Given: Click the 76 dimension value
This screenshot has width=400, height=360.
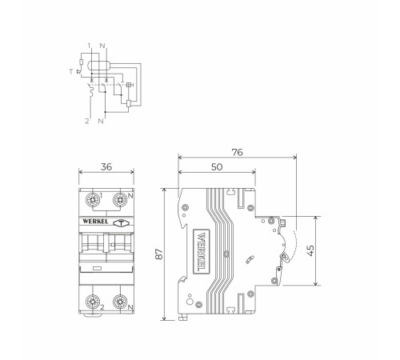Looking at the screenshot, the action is [x=237, y=152].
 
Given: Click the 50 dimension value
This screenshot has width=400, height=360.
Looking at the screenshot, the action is [x=217, y=167].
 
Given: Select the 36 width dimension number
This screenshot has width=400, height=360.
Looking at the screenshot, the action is [x=106, y=167].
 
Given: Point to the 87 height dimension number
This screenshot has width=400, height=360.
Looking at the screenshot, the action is [x=158, y=254].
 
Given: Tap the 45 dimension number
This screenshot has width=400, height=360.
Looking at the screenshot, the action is [x=310, y=250].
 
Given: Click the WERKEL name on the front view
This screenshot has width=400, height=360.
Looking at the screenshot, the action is [x=95, y=222].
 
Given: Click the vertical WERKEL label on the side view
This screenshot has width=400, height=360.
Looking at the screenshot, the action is [x=202, y=252].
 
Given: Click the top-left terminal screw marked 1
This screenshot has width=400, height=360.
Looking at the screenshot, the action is [x=92, y=200].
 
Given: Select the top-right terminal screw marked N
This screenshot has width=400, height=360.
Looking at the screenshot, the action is [x=120, y=200].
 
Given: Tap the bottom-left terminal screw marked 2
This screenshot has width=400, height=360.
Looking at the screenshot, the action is [x=92, y=302].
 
